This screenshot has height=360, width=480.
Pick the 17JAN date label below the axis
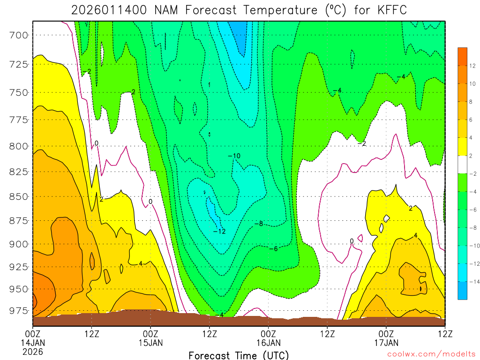[x=386, y=343]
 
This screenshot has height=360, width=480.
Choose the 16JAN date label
[x=268, y=343]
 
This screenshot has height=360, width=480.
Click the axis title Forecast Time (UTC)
[x=239, y=355]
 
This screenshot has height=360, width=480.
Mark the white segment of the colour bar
[x=462, y=165]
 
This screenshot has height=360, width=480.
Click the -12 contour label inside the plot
[x=219, y=231]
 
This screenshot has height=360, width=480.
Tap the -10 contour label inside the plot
[x=234, y=156]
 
